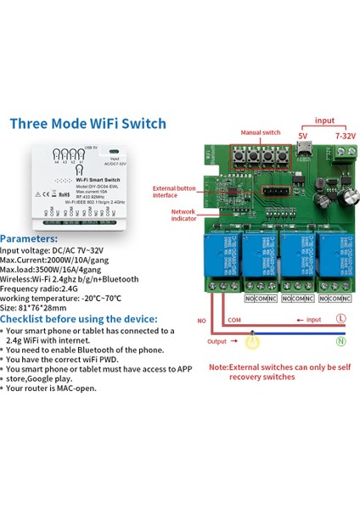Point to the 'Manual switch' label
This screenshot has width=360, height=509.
[259, 133]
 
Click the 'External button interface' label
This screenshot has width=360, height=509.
[177, 191]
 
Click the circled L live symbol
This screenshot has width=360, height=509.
[340, 317]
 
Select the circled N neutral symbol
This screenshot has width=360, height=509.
[340, 340]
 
